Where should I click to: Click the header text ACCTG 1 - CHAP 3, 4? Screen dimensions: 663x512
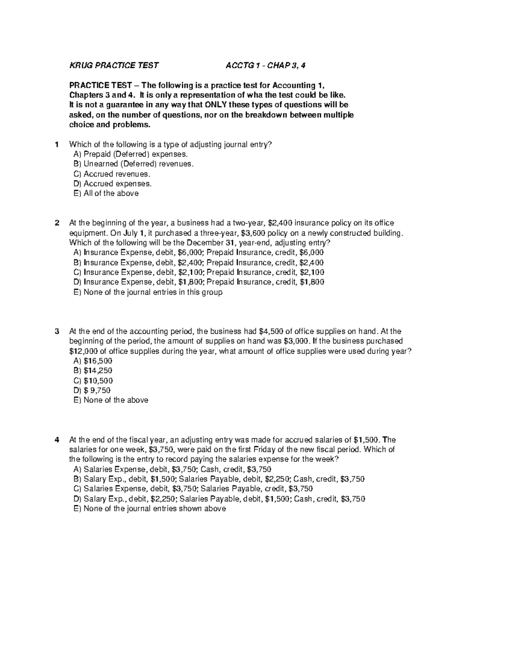(x=265, y=65)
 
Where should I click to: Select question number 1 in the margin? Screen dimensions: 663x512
(x=57, y=144)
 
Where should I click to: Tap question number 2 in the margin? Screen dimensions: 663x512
(x=57, y=223)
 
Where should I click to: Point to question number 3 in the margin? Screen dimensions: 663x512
(x=57, y=331)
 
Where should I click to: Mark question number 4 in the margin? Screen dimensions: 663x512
(x=57, y=440)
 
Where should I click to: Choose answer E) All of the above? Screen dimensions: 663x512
(x=106, y=193)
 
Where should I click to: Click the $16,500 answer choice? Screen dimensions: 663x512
(x=93, y=361)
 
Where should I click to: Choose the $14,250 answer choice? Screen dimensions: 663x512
(x=93, y=371)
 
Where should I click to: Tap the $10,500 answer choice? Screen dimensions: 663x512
(x=93, y=380)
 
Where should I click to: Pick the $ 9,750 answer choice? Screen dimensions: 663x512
(x=92, y=390)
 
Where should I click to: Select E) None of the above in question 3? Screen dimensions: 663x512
(x=111, y=400)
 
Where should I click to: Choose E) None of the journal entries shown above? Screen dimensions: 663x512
(x=150, y=508)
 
